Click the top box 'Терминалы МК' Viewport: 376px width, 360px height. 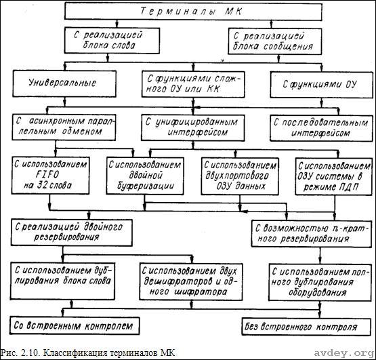pos(193,12)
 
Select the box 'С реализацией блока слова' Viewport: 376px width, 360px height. pos(112,40)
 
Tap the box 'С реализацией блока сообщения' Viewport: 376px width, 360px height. pos(274,41)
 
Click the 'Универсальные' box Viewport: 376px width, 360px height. pos(64,83)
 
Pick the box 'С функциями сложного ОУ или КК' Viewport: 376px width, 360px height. pos(193,84)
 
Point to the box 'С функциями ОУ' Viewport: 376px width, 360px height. pos(321,85)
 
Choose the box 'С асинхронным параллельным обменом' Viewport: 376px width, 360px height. pos(64,127)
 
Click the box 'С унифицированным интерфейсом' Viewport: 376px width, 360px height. pos(193,128)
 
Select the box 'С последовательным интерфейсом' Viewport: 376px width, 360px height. pos(321,128)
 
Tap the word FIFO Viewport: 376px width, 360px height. pos(47,174)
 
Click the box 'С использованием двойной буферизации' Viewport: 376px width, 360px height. pos(145,176)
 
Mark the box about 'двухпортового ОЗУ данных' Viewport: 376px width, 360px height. pos(240,176)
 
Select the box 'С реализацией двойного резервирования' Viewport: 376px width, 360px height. pos(71,233)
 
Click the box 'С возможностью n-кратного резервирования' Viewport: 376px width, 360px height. pos(311,234)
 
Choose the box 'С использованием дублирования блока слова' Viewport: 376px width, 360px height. pos(62,281)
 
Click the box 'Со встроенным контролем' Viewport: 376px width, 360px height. pos(75,325)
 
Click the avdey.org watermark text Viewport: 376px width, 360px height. pos(344,353)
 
